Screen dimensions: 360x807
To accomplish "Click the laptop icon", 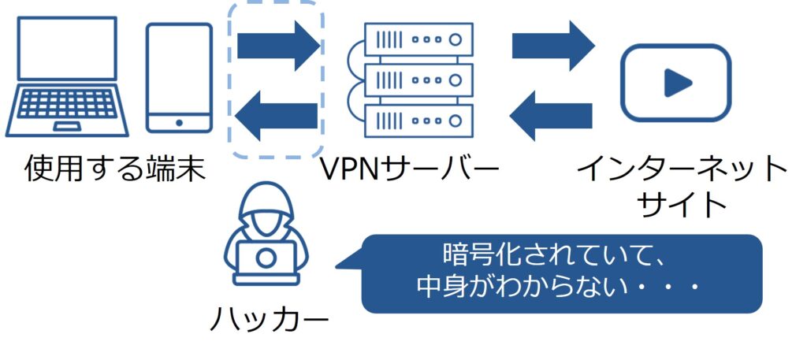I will point(67,75).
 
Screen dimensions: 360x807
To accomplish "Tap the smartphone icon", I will point(180,77).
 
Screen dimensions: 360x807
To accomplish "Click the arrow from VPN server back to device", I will point(277,115).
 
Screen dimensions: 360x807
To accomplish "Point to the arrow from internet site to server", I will point(552,115).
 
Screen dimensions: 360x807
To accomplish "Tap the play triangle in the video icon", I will point(676,82).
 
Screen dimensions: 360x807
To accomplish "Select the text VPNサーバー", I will point(410,169).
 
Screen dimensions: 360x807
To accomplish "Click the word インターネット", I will point(681,169).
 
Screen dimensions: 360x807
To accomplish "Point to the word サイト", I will point(681,205).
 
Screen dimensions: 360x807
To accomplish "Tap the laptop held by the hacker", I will point(266,260).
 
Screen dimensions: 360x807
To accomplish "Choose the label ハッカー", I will point(268,319).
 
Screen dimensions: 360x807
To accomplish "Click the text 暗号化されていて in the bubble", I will point(536,255).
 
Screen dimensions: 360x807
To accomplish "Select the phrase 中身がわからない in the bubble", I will point(528,288).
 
